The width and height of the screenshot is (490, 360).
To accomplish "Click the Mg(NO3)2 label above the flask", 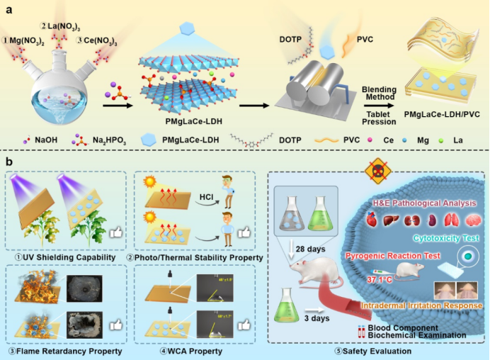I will [x=26, y=40].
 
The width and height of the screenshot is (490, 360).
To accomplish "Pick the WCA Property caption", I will [x=197, y=351].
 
